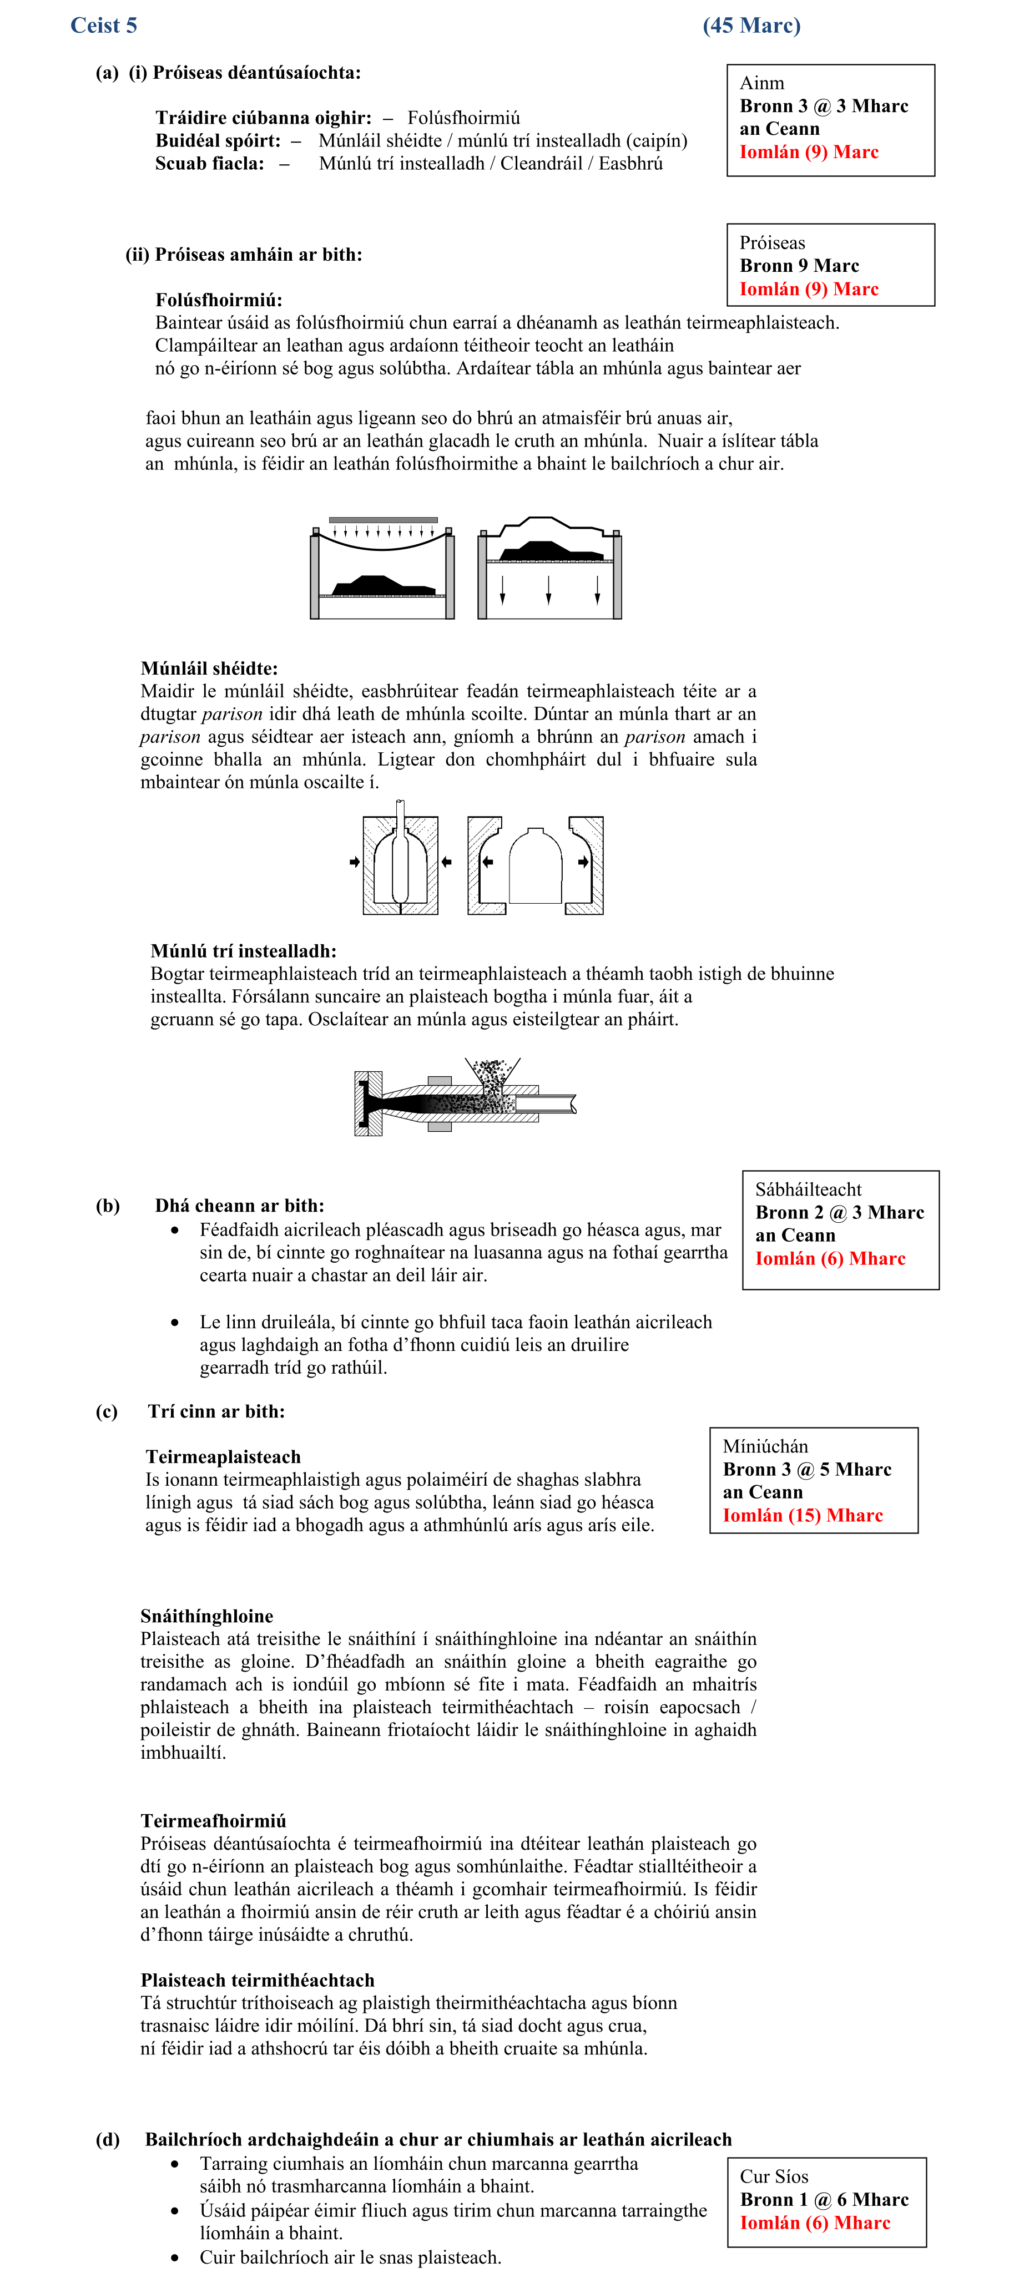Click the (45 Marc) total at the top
(751, 25)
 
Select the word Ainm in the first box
(762, 83)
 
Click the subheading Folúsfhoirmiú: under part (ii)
(218, 300)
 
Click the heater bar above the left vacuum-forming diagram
(383, 520)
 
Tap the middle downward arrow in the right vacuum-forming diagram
(548, 589)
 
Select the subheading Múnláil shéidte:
(208, 668)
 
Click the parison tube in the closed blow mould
(400, 856)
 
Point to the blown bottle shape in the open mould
(535, 865)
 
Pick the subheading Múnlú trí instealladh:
(243, 951)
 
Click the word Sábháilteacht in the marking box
(808, 1189)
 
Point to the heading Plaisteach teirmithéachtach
(257, 1980)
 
